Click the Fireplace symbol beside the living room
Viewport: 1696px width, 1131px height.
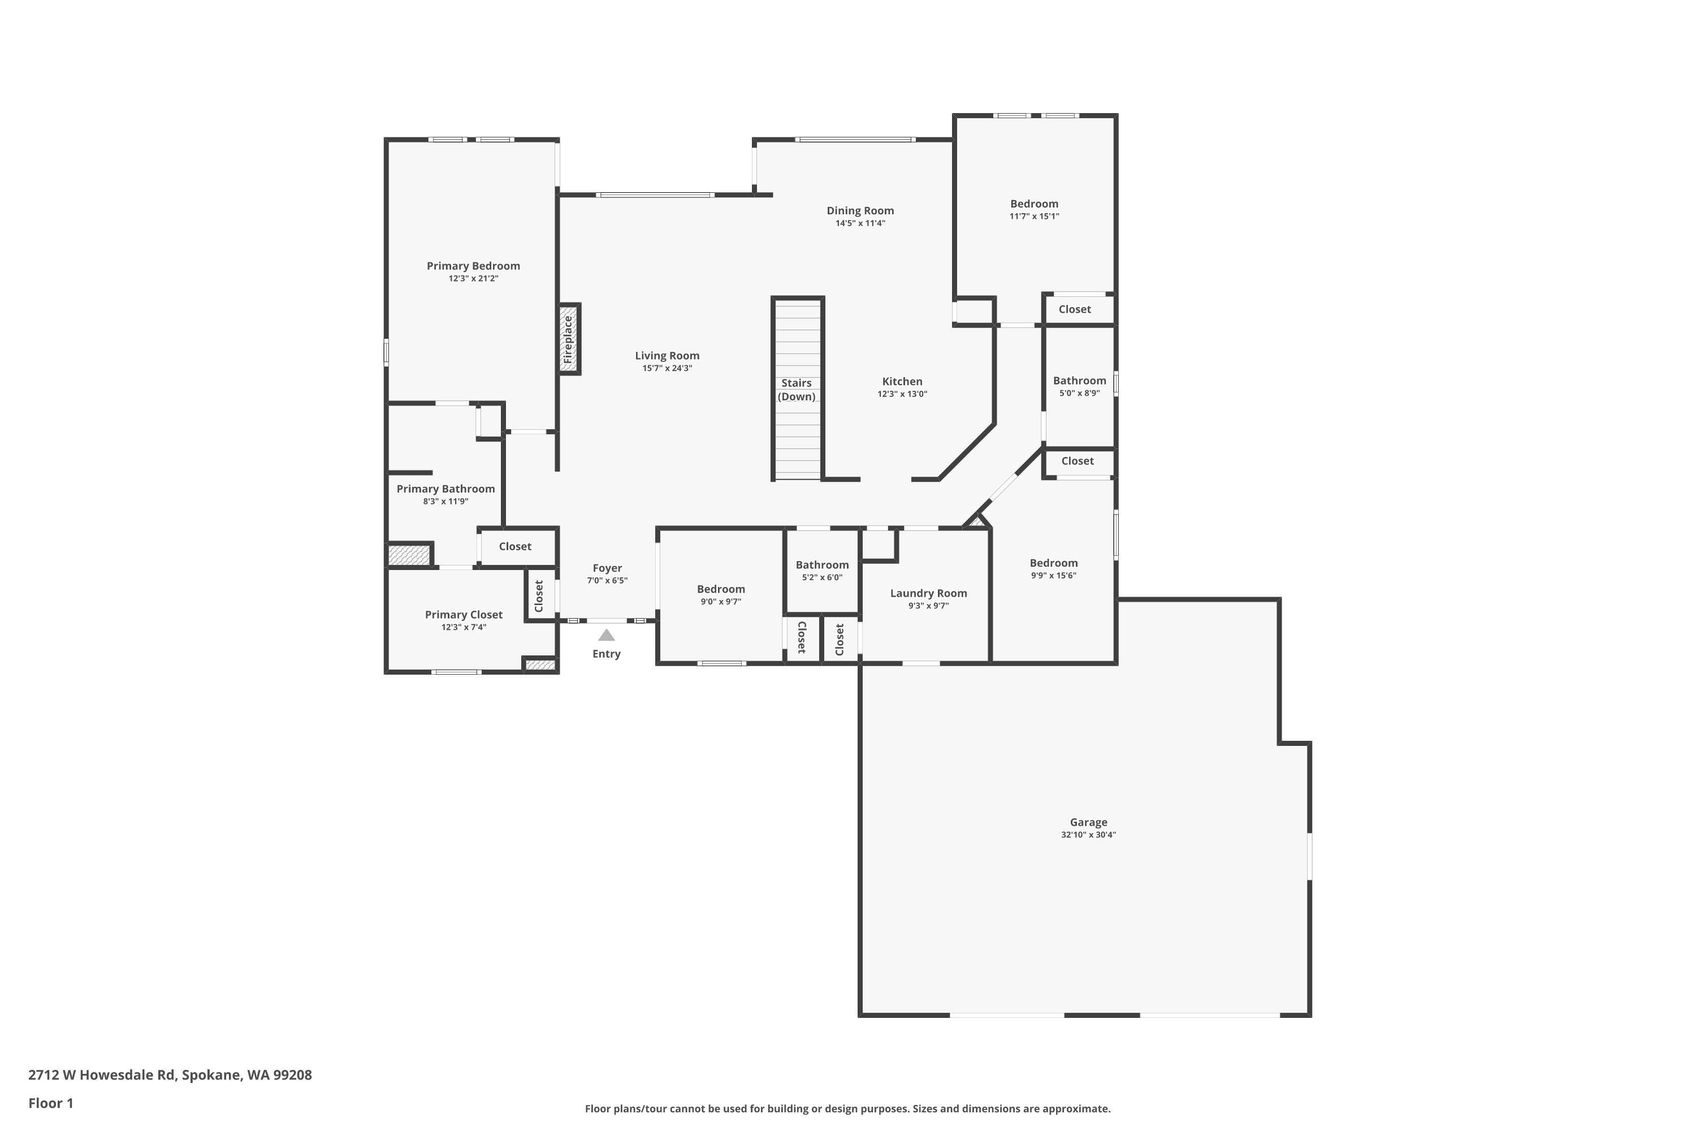[569, 339]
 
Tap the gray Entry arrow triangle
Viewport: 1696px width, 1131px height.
[607, 636]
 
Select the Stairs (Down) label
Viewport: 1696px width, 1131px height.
[796, 390]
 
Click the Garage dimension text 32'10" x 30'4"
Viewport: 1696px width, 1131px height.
[1088, 835]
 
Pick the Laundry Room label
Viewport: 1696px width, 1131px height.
[928, 593]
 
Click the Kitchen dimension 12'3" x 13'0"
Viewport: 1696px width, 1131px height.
[902, 394]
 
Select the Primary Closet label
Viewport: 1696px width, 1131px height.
[464, 615]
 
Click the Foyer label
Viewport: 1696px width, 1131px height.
[607, 568]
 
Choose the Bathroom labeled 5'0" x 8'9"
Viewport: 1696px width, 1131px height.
[1079, 381]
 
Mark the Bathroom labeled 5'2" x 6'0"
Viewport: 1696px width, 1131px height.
[822, 565]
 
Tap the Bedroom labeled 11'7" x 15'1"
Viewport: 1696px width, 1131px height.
[1034, 204]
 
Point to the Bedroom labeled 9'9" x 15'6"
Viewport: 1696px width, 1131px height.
[1054, 563]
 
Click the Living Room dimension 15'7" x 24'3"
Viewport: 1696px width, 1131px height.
[667, 368]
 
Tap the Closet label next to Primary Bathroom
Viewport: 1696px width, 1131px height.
[515, 547]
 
